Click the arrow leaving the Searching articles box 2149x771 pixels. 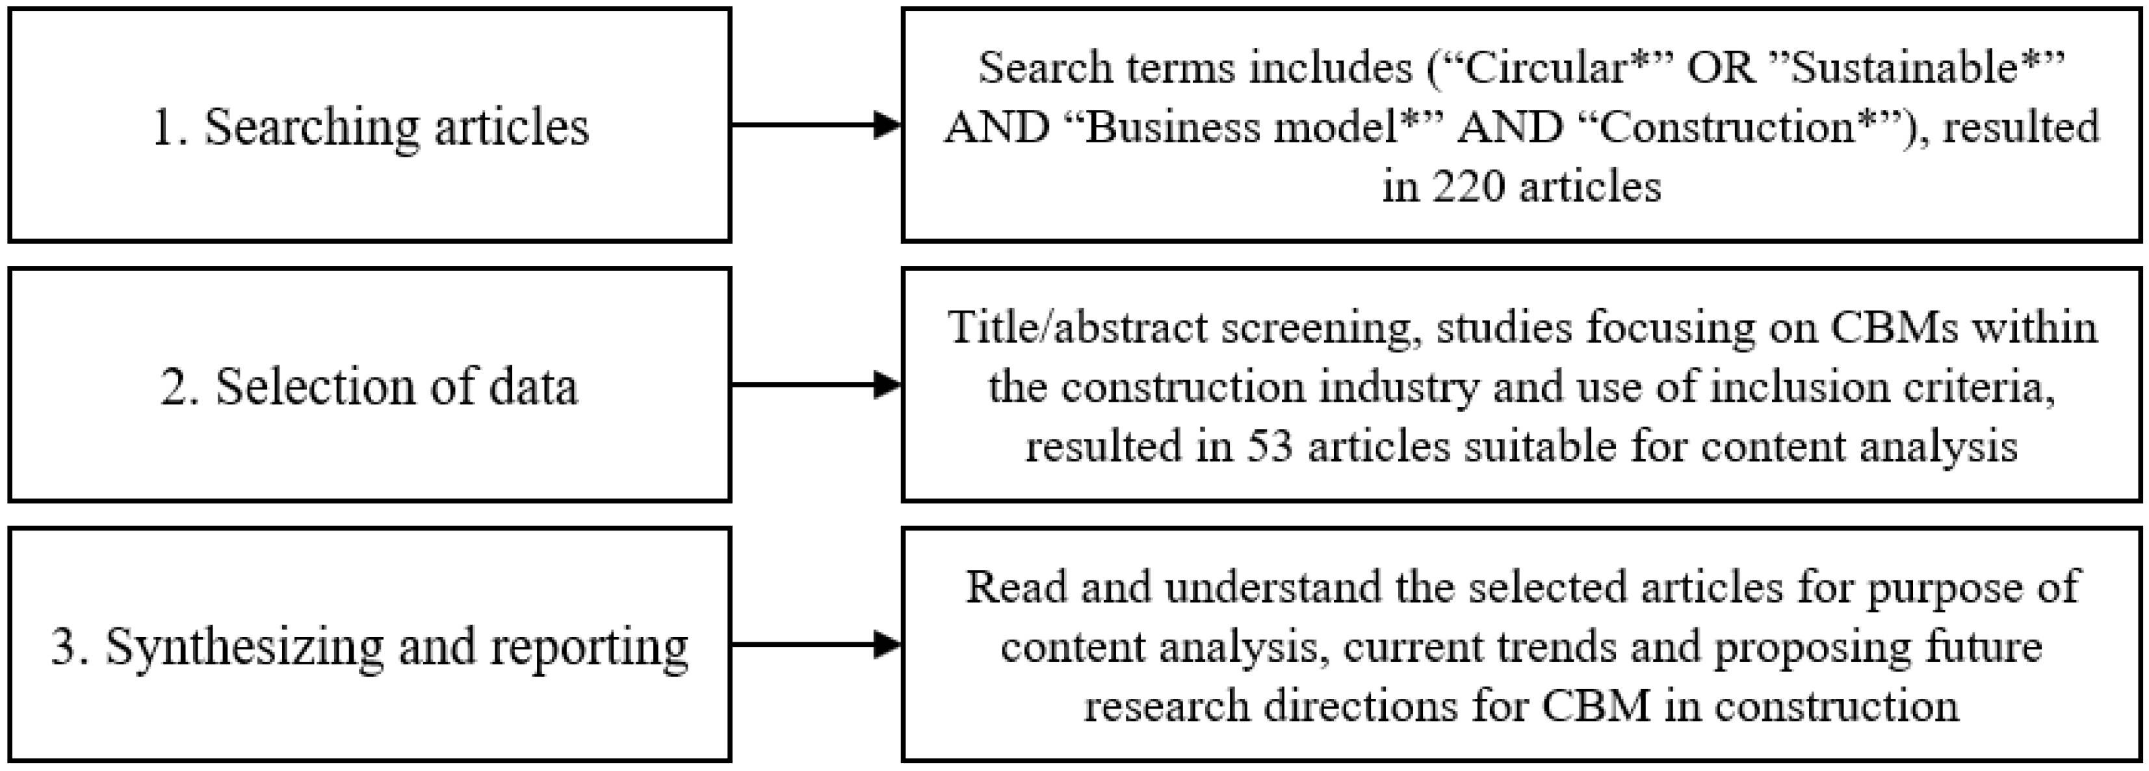coord(816,125)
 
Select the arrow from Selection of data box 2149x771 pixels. coord(816,385)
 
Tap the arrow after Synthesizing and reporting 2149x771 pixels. coord(816,644)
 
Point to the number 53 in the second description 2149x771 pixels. coord(1269,445)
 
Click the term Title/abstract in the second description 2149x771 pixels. coord(1076,327)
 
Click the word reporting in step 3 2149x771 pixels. coord(589,647)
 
